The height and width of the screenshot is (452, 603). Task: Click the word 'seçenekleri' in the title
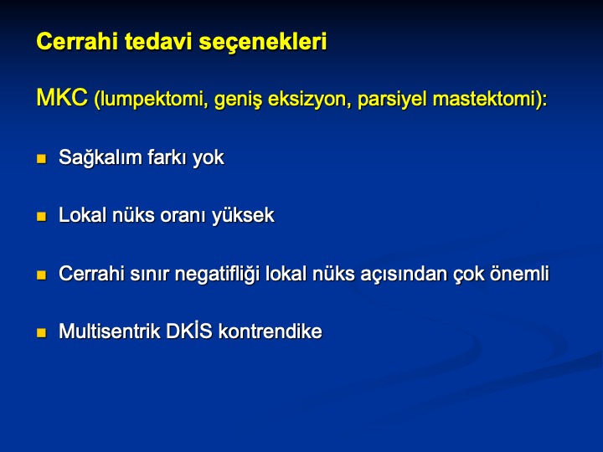tap(263, 42)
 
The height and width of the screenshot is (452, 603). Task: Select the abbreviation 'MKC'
tap(62, 97)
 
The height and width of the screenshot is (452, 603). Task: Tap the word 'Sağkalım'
tap(100, 158)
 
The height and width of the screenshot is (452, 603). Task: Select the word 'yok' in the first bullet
tap(208, 158)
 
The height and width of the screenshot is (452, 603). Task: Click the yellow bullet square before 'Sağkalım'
tap(41, 158)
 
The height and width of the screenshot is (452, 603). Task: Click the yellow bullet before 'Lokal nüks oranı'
tap(41, 217)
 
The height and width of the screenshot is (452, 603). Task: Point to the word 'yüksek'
tap(243, 216)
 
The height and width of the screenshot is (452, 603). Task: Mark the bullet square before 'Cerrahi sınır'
tap(41, 275)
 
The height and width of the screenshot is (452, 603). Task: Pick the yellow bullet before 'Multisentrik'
tap(41, 332)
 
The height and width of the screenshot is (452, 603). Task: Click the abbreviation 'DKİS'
tap(188, 331)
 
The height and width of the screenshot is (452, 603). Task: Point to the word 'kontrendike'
tap(271, 331)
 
